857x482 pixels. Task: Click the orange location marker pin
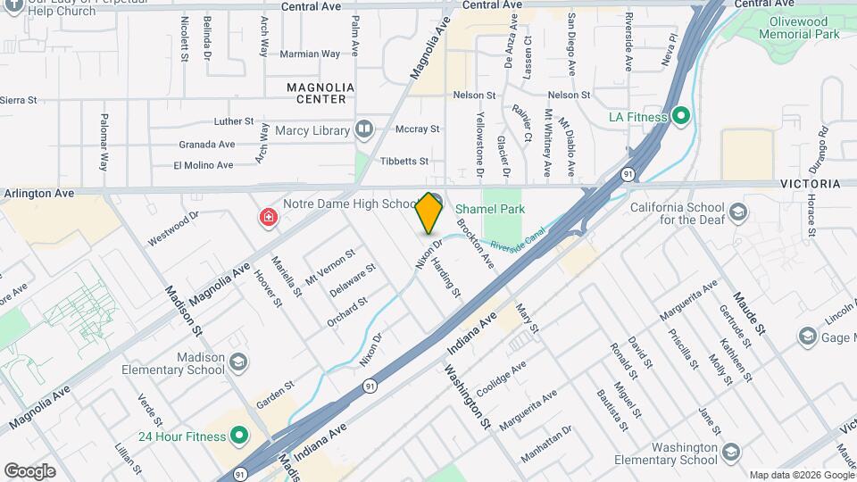pos(429,213)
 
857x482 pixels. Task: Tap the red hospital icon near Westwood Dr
pos(267,218)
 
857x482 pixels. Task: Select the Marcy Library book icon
pos(363,130)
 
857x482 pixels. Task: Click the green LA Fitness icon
pos(681,117)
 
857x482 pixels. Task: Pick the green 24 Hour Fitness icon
pos(238,436)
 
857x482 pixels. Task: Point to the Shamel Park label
pos(492,209)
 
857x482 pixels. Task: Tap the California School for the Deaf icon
pos(738,212)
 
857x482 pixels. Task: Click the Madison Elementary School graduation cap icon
pos(237,361)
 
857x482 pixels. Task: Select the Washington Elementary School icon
pos(731,452)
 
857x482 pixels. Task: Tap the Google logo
pos(29,470)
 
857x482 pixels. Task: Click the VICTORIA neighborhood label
pos(810,184)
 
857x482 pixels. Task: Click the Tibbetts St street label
pos(404,162)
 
